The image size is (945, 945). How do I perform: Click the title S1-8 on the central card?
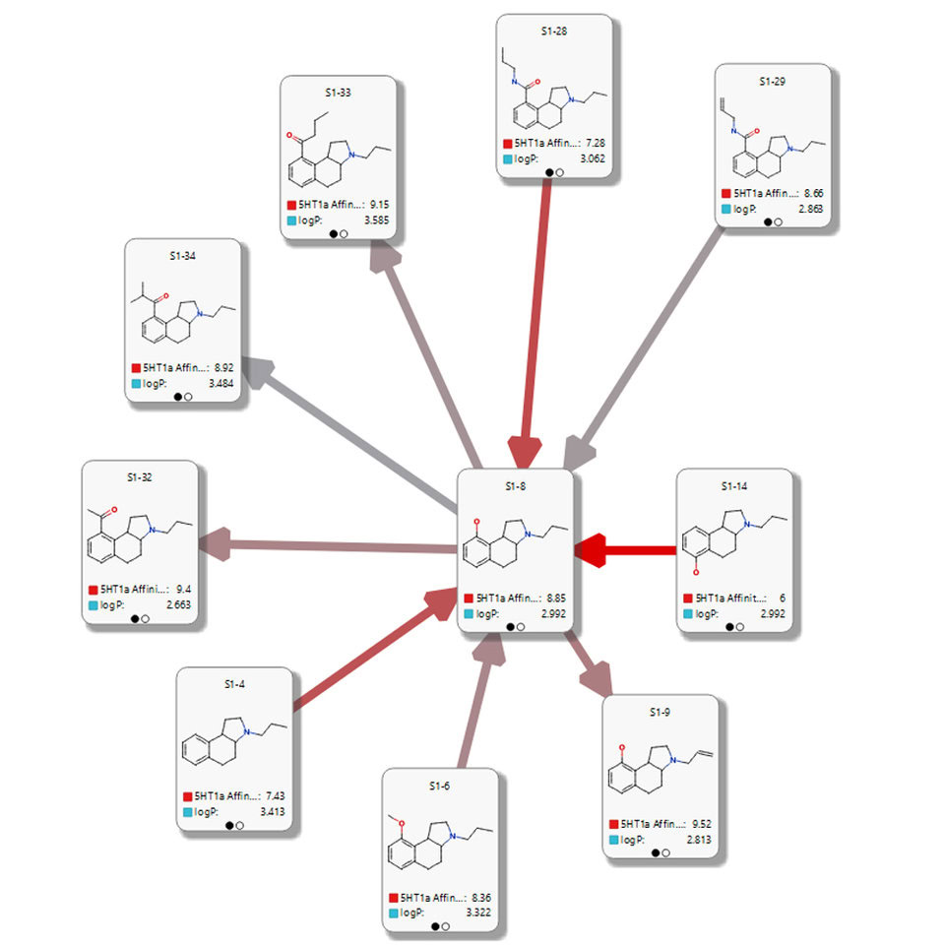click(x=515, y=485)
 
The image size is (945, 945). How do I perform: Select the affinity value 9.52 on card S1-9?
click(x=702, y=823)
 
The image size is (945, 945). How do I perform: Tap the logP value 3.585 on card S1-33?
click(x=376, y=220)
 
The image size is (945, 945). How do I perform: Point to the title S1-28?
click(x=554, y=31)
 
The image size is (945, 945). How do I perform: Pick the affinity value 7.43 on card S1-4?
click(x=275, y=795)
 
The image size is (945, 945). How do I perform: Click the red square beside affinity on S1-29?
click(x=726, y=194)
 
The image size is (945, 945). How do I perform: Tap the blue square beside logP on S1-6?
click(x=394, y=913)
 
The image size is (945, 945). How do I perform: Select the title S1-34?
click(x=183, y=256)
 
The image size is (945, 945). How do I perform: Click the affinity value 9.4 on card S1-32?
click(x=183, y=589)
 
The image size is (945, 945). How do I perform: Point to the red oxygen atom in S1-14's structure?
click(x=696, y=572)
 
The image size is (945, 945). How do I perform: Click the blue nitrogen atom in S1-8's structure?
click(x=528, y=534)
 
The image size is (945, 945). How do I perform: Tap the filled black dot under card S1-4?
click(x=229, y=826)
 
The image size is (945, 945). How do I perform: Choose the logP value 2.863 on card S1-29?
click(x=810, y=209)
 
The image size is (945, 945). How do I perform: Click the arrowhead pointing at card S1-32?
click(x=216, y=543)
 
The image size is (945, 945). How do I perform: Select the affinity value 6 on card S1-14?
click(x=783, y=598)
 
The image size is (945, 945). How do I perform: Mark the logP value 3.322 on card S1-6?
click(x=478, y=913)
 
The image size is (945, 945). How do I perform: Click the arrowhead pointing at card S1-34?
click(x=258, y=371)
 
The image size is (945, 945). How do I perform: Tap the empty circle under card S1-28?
click(x=559, y=172)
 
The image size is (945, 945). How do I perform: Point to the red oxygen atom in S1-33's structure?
click(x=289, y=136)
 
